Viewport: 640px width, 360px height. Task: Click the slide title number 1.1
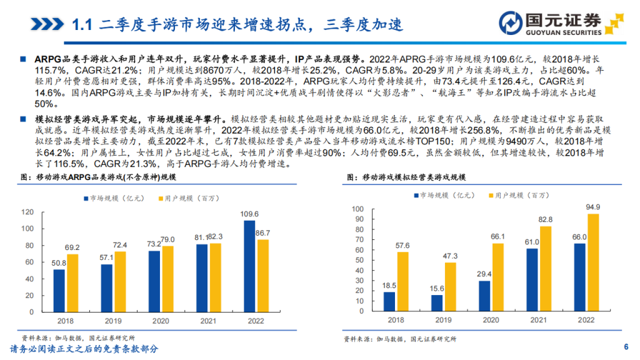(x=82, y=24)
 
